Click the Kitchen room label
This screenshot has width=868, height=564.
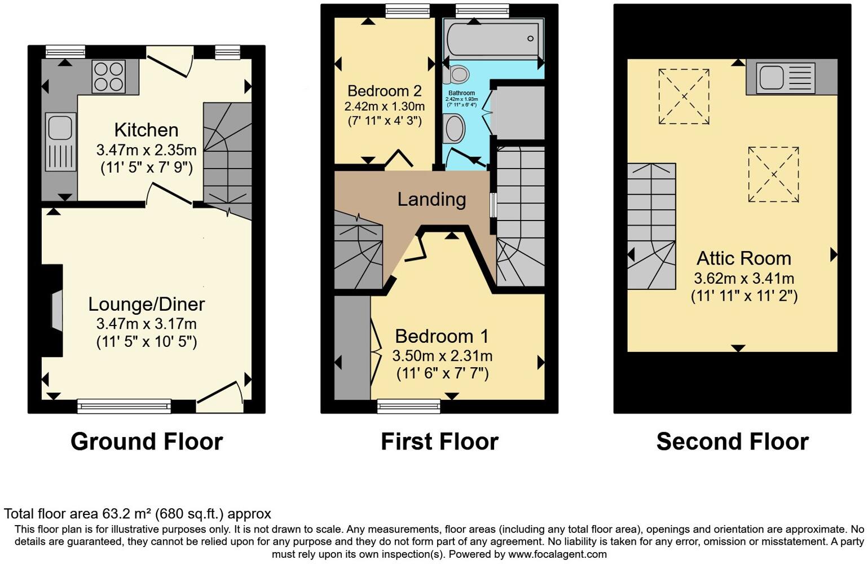(x=146, y=130)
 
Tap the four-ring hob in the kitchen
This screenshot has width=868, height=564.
(x=108, y=77)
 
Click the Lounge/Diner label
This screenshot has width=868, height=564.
(x=146, y=305)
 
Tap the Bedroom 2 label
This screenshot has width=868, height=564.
(x=384, y=91)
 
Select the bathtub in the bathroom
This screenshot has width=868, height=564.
(x=494, y=38)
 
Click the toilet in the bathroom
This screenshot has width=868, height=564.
(x=459, y=74)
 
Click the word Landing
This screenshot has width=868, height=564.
(x=431, y=199)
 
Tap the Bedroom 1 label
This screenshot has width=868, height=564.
(x=442, y=336)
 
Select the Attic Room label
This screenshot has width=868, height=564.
(x=743, y=258)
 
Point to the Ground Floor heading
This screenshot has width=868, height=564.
(x=147, y=442)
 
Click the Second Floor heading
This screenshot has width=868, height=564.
(x=732, y=442)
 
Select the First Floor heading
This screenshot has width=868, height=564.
(x=439, y=442)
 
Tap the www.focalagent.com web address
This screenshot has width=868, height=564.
(x=557, y=554)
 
